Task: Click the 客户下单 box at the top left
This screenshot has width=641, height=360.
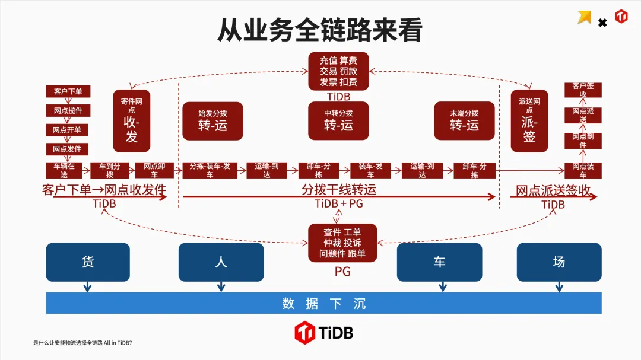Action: point(68,91)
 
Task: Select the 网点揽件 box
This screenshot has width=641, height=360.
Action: point(68,110)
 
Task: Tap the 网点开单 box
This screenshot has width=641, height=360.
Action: point(68,130)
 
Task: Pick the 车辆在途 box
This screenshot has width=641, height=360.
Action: point(64,170)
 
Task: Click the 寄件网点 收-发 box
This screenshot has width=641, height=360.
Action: point(132,121)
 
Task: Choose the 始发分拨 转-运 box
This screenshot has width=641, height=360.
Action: point(212,120)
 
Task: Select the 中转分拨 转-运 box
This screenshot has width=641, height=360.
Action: point(338,120)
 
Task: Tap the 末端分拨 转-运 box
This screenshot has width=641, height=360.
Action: point(464,120)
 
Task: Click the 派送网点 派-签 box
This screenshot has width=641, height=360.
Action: point(529,121)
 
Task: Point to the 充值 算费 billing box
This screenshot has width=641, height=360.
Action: point(338,71)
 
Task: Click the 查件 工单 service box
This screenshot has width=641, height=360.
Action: point(342,243)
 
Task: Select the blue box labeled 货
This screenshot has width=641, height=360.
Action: point(88,262)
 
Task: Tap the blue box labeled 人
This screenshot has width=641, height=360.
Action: point(221,262)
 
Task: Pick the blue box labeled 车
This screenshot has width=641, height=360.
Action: point(439,262)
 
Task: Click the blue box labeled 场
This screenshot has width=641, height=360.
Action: point(559,262)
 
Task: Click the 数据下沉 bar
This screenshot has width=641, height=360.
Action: point(324,304)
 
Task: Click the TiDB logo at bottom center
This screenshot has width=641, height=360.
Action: point(324,333)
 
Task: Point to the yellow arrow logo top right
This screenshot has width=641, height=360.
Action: point(585,18)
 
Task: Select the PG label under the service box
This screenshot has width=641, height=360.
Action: point(342,272)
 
